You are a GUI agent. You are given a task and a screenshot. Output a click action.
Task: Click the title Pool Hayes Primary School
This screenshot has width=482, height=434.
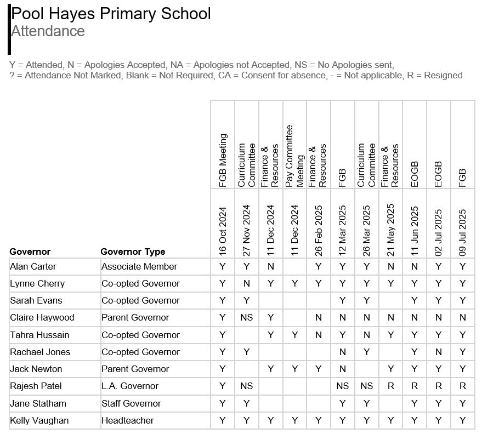(x=111, y=14)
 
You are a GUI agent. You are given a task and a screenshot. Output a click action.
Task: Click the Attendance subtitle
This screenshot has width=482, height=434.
(x=48, y=31)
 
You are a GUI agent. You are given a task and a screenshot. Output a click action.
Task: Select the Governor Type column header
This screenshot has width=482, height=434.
(x=133, y=252)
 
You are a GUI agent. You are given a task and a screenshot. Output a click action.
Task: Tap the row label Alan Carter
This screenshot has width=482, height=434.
(x=33, y=267)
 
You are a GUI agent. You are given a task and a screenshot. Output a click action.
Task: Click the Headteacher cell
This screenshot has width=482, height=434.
(x=128, y=421)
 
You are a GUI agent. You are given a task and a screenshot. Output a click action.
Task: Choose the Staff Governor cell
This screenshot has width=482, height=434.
(x=131, y=404)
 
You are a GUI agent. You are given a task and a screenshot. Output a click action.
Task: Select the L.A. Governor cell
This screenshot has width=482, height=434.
(x=129, y=386)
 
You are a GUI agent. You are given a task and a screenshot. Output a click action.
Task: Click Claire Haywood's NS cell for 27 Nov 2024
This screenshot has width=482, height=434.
(x=246, y=318)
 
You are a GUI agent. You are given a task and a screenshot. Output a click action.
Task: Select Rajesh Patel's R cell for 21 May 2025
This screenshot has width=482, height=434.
(x=390, y=386)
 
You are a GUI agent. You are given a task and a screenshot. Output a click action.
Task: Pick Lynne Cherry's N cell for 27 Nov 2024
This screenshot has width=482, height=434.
(x=246, y=284)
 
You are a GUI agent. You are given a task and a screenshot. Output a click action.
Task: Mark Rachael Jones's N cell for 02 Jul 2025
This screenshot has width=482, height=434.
(x=438, y=352)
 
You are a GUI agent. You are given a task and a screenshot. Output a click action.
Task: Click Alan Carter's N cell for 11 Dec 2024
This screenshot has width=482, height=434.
(x=270, y=267)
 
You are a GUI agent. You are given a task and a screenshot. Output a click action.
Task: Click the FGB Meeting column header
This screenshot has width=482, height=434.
(x=223, y=161)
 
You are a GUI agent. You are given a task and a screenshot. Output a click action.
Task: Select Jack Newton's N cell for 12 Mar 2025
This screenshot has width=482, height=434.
(x=342, y=369)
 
